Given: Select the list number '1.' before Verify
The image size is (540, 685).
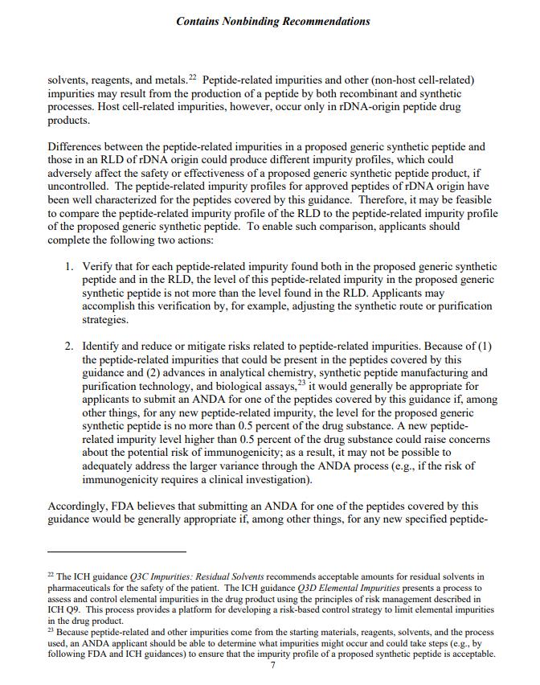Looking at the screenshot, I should click(70, 266).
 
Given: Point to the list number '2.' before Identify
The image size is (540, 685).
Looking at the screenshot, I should click(70, 347).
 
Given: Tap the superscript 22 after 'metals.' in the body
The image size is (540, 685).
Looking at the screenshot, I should click(193, 77).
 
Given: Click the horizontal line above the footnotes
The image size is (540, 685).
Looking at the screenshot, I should click(117, 552).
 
